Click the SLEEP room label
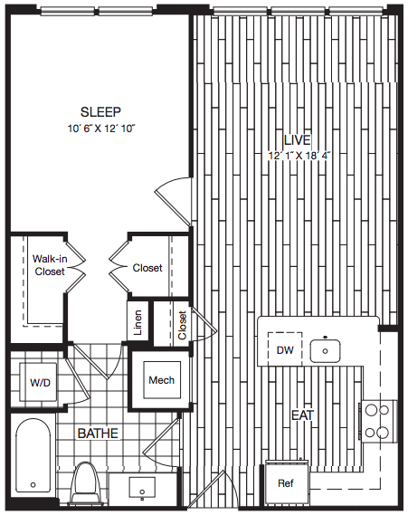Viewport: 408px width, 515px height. [x=100, y=112]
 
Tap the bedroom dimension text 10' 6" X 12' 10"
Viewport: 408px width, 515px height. [x=101, y=129]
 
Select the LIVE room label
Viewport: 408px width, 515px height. [x=297, y=140]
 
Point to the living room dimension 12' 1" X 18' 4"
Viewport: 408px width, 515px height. [x=299, y=156]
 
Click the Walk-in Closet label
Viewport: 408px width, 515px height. [x=50, y=265]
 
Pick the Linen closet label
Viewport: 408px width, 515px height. [x=138, y=322]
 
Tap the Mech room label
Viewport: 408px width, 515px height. [x=162, y=380]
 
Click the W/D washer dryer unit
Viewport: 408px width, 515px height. [x=38, y=382]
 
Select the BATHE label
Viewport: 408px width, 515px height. [x=98, y=434]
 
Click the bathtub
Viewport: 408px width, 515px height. [x=33, y=455]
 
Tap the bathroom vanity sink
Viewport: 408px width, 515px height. [x=142, y=488]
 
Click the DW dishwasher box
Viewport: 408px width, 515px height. [x=285, y=348]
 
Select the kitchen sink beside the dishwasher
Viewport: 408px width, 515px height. [x=325, y=351]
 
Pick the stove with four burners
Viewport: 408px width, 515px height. [x=378, y=421]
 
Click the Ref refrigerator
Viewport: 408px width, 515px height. [x=287, y=482]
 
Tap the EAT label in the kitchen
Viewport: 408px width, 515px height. [x=303, y=415]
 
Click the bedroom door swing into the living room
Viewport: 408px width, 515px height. [x=174, y=201]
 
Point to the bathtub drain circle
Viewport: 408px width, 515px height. [x=33, y=485]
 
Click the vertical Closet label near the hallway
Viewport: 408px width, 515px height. [x=182, y=325]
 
